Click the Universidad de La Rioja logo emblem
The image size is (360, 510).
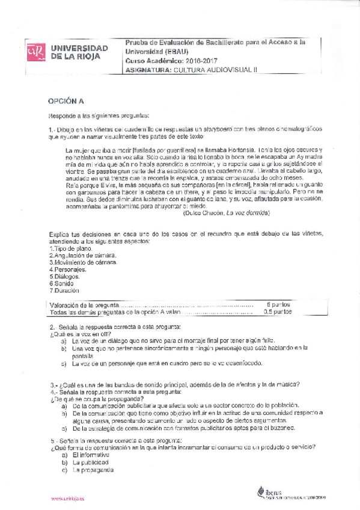pos(35,53)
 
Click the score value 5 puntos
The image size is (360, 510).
pos(278,305)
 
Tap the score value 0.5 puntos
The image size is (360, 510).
pos(278,312)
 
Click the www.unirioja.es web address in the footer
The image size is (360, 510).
pos(67,499)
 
